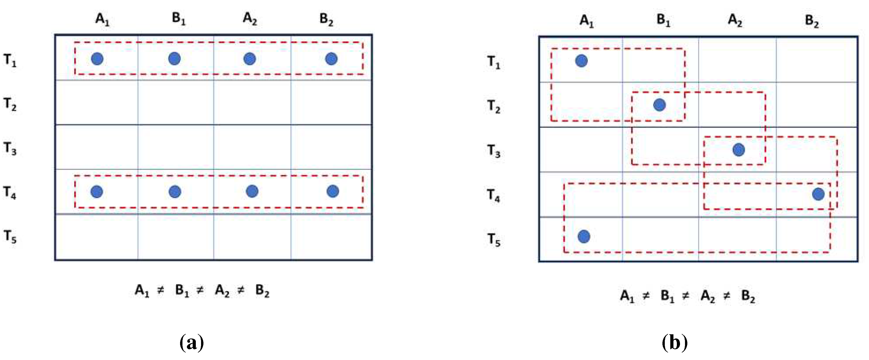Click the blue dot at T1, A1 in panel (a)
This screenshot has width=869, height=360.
coord(97,59)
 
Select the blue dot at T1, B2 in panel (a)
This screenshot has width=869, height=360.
coord(331,59)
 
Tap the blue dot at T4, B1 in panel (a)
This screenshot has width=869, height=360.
coord(175,192)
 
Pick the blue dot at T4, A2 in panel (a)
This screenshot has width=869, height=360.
coord(252,191)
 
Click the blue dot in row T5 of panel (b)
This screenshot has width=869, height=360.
coord(584,237)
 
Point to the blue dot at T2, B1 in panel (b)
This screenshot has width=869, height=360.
coord(660,105)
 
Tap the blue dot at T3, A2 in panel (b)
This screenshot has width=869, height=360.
coord(739,150)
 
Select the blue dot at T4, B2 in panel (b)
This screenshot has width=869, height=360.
coord(818,194)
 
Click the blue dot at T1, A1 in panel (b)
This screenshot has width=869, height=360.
coord(581,61)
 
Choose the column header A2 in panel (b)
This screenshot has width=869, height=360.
coord(735,20)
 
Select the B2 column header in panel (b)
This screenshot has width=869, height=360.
coord(812,21)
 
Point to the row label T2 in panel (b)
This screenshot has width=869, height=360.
coord(494,107)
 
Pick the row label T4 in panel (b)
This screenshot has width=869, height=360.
coord(494,195)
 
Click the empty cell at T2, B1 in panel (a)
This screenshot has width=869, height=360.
coord(175,103)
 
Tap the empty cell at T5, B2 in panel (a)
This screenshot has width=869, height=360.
coord(331,237)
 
